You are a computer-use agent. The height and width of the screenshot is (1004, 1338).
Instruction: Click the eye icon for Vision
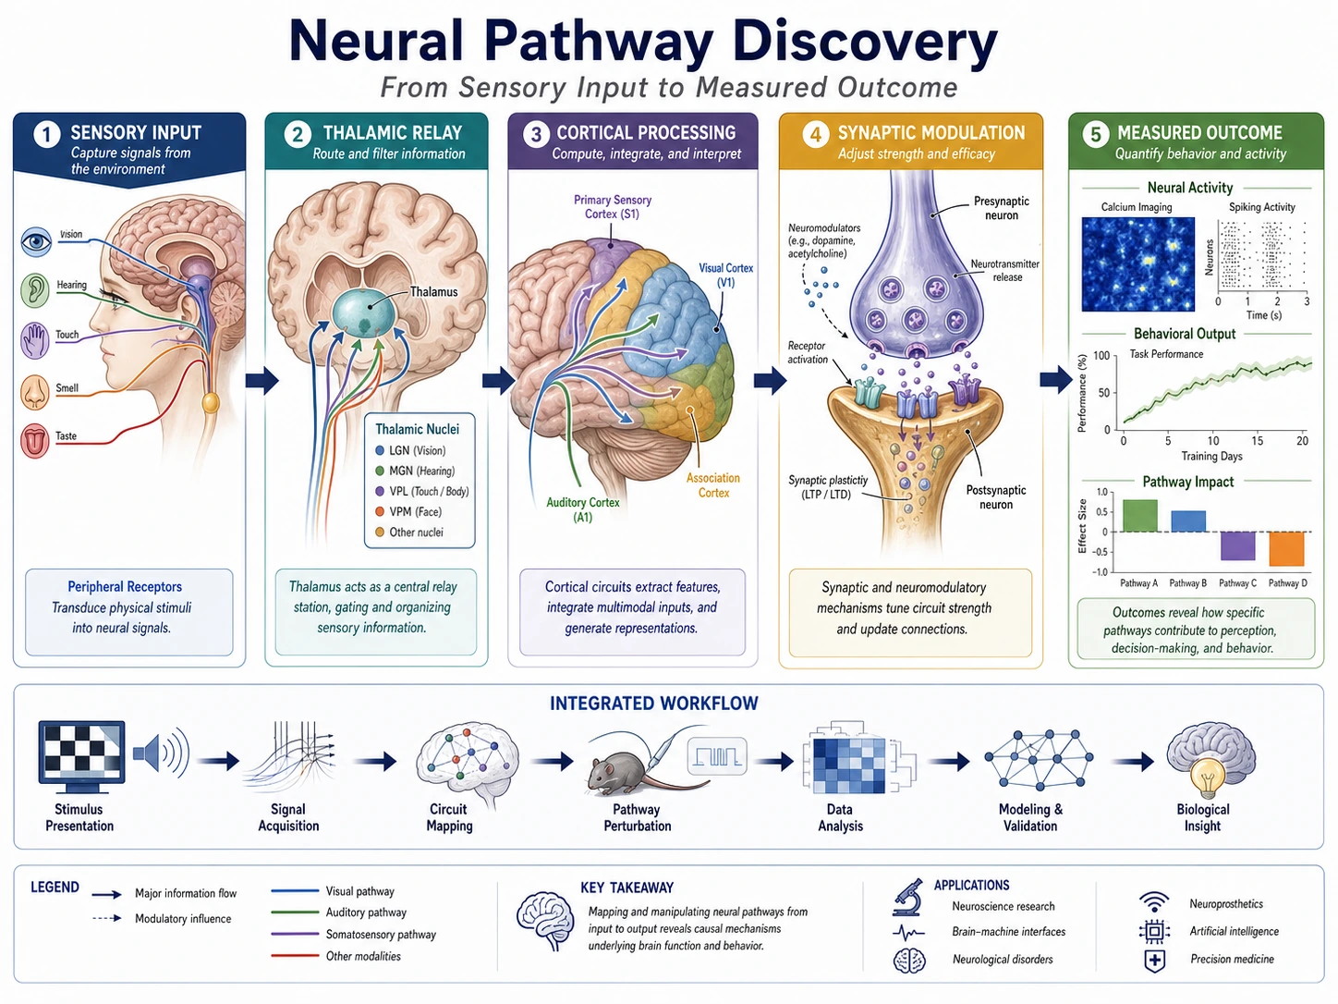point(36,242)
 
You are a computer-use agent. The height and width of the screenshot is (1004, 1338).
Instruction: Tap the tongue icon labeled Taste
point(35,441)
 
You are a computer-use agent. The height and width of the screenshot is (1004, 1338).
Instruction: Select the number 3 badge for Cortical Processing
point(536,134)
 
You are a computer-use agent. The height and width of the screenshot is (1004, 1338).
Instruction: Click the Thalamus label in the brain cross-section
point(433,292)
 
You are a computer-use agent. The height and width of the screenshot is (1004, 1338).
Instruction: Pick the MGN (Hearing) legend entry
point(415,471)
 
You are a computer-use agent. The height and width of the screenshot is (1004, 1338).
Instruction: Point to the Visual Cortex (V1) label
point(725,275)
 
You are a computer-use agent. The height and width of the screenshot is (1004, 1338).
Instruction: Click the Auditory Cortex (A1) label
point(583,509)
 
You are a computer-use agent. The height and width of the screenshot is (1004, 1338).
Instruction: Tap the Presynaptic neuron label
point(1001,208)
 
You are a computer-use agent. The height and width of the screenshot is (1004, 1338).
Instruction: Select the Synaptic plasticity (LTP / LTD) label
point(827,487)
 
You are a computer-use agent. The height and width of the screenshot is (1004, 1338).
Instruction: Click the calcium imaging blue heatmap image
point(1137,264)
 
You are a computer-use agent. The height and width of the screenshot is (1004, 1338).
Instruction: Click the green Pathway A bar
point(1139,516)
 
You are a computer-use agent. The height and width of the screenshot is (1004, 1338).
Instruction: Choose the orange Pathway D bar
point(1286,548)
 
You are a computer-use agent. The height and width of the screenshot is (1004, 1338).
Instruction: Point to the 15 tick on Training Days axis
point(1258,441)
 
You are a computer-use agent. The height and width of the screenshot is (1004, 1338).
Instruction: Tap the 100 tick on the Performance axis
point(1101,355)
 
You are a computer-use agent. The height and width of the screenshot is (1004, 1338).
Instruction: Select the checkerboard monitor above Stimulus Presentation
point(81,756)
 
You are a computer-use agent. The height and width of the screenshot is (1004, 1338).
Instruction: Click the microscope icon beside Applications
point(908,898)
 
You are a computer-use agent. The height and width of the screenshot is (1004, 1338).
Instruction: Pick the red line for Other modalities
point(295,956)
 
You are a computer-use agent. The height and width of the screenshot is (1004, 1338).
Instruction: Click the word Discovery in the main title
point(864,42)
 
